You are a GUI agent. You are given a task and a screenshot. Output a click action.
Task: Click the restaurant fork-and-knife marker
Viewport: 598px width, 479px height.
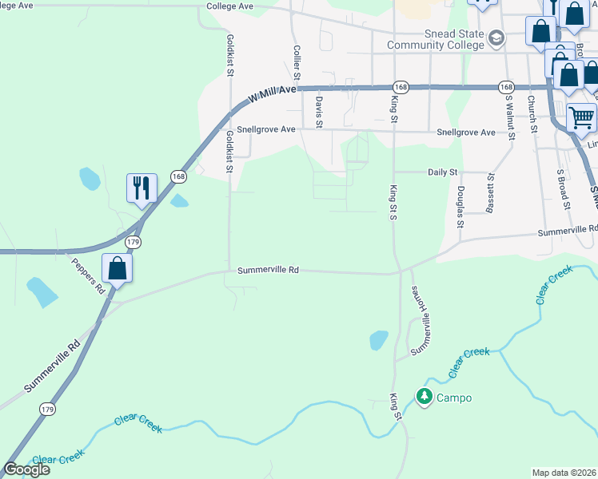point(142,188)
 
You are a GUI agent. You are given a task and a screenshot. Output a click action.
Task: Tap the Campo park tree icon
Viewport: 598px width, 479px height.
point(424,396)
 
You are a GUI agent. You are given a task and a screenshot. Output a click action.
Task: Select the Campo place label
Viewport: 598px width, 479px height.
point(453,398)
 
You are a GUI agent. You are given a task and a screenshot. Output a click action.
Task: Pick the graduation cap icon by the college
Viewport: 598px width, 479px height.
point(496,38)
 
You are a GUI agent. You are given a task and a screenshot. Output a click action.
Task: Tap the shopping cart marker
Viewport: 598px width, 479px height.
point(581,118)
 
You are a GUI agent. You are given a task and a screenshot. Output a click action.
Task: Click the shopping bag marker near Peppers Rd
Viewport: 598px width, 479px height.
point(118,269)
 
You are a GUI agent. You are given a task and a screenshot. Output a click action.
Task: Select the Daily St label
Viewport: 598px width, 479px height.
point(442,172)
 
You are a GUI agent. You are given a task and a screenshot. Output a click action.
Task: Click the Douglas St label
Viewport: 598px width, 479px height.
point(460,207)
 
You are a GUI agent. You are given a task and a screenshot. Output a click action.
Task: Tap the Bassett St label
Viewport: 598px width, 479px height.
point(489,195)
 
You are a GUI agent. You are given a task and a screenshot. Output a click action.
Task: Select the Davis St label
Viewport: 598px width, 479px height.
point(318,112)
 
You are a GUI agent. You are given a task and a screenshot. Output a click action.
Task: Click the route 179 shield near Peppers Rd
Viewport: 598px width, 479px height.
point(133,241)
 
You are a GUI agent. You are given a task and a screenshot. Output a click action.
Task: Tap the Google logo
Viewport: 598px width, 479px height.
point(26,469)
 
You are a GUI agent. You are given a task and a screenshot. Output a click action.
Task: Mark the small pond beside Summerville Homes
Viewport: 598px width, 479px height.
point(378,341)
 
